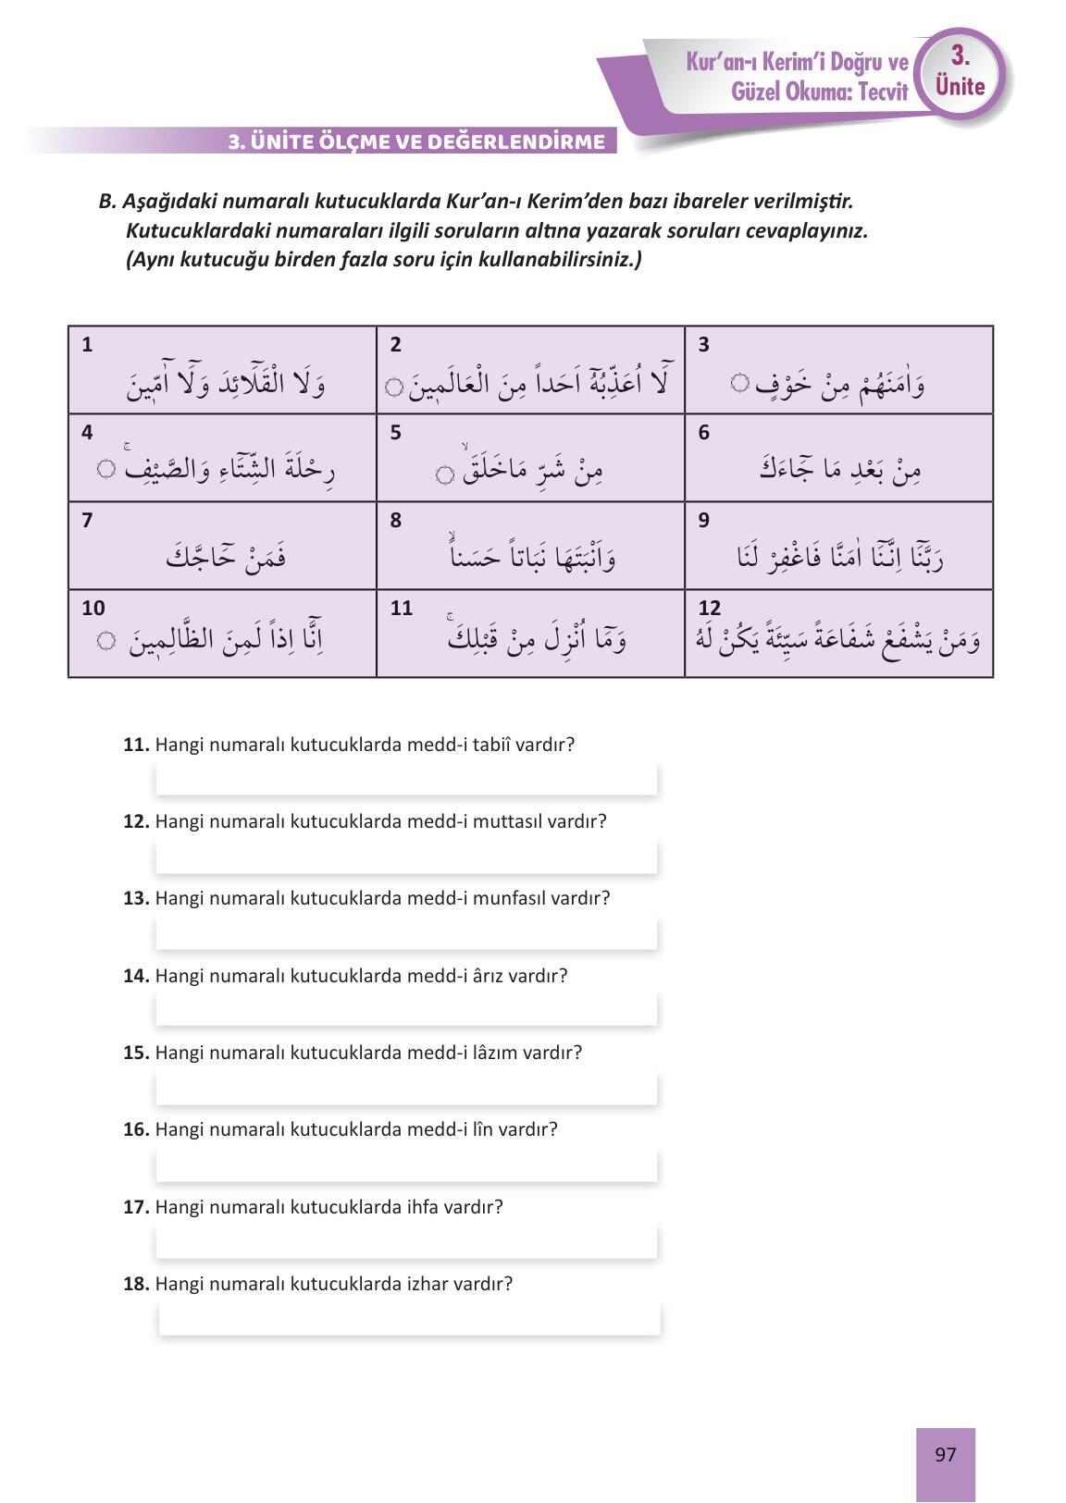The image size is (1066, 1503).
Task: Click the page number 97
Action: coord(945,1455)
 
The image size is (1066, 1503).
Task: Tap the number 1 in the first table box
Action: coord(87,345)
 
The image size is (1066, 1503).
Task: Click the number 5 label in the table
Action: coord(395,433)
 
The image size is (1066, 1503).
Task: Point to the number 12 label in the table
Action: coord(709,608)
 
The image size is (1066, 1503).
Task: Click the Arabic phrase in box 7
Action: coord(225,557)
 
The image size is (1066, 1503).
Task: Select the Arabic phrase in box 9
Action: coord(839,557)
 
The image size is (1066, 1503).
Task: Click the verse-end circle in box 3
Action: coord(738,381)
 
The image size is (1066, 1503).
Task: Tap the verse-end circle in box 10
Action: coord(106,640)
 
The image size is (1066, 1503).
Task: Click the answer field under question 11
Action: coord(405,779)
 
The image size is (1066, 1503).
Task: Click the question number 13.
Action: coord(135,898)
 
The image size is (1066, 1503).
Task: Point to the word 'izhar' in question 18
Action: coord(427,1284)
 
